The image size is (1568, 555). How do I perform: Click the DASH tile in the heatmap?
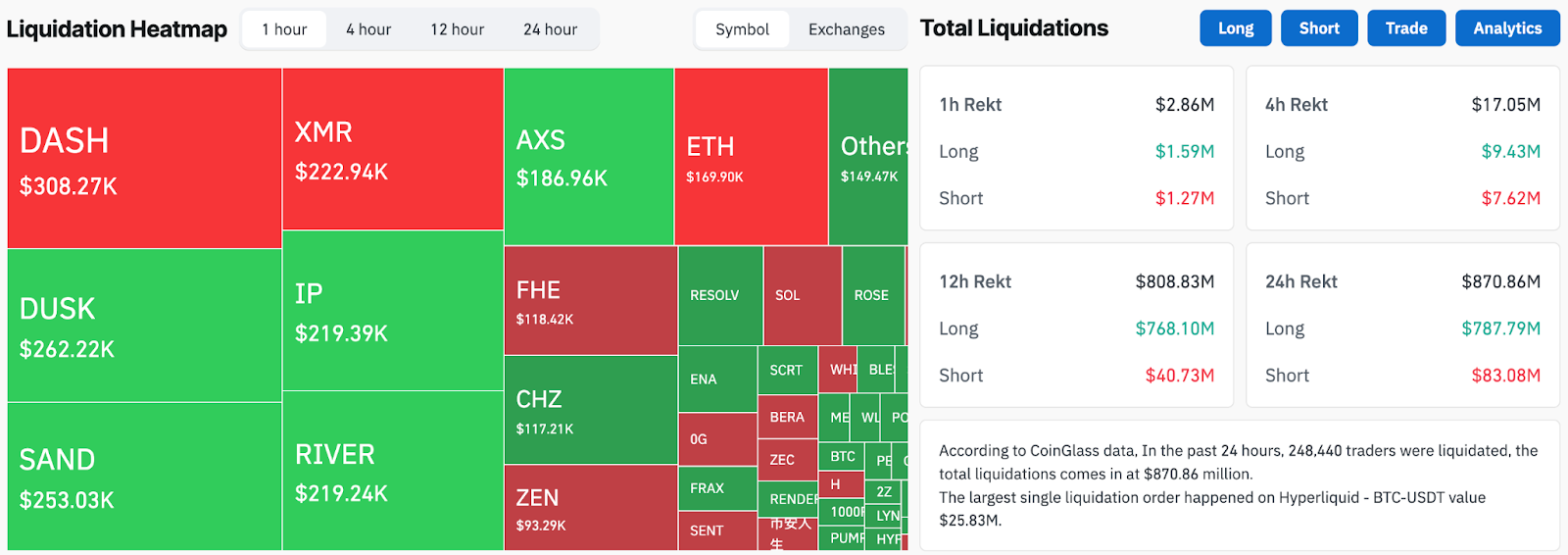click(144, 158)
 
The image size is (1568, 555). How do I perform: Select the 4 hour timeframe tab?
click(368, 29)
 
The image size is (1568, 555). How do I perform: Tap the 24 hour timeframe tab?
click(550, 29)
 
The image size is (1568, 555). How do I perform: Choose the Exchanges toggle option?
click(846, 29)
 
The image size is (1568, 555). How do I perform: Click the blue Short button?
click(1318, 28)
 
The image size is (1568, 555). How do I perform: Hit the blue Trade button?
click(1405, 28)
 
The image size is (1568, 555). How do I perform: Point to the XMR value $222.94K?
click(341, 173)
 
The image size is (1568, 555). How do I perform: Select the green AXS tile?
click(588, 157)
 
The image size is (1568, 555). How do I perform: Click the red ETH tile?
click(750, 157)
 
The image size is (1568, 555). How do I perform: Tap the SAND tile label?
click(58, 460)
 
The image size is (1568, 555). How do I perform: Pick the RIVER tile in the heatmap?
click(392, 471)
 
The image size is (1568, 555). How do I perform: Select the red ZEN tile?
click(590, 507)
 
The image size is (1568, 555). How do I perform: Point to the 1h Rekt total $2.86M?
click(1184, 105)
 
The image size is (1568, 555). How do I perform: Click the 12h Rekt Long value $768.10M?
click(1174, 328)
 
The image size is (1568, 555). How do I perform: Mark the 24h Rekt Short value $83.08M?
click(1505, 376)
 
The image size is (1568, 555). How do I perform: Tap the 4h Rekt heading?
click(1296, 105)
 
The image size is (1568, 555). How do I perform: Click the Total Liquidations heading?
click(1013, 28)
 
